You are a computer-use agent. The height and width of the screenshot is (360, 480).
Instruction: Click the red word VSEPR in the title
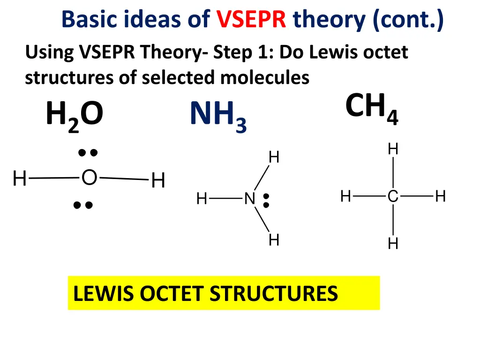coord(251,20)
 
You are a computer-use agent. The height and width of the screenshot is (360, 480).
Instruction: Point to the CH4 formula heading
coord(372,107)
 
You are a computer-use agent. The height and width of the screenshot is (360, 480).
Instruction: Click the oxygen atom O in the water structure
coord(89,178)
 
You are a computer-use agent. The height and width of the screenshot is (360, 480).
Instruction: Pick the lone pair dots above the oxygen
coord(88,152)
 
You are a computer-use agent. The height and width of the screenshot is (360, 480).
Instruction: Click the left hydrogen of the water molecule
coord(20,179)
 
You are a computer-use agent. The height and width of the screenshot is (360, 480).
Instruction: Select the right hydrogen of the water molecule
coord(158,180)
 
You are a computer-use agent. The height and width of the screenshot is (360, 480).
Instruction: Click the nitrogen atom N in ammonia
coord(249,199)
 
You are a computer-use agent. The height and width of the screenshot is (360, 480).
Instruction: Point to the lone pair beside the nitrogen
coord(266,200)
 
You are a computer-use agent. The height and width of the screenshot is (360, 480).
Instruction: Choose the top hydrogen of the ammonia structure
coord(274,157)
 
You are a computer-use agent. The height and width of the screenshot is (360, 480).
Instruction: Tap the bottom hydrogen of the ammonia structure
coord(274,240)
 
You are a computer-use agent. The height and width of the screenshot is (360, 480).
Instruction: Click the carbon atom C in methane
coord(393,197)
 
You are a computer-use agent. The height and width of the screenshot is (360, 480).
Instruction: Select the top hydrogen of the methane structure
coord(393,150)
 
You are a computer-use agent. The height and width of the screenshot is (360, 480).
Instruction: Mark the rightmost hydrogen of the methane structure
coord(440,196)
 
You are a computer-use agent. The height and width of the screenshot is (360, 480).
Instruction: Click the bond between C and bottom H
coord(393,220)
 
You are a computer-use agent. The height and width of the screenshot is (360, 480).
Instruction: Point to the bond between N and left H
coord(226,199)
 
